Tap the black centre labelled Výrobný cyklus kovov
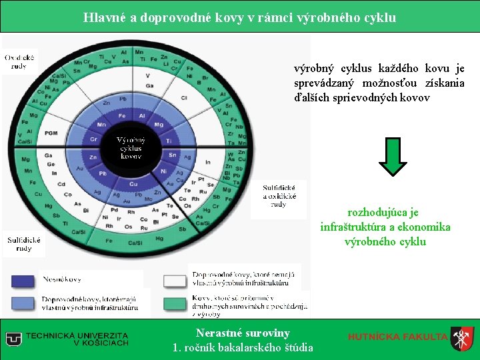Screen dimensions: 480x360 pyautogui.click(x=130, y=147)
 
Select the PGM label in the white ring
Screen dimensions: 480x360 pyautogui.click(x=51, y=133)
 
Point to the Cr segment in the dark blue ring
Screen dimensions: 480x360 pyautogui.click(x=93, y=140)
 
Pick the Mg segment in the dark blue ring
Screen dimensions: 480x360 pyautogui.click(x=159, y=125)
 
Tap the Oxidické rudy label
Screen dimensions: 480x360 pyautogui.click(x=21, y=62)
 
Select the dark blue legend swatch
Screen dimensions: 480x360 pyautogui.click(x=23, y=280)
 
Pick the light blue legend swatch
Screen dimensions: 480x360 pyautogui.click(x=23, y=304)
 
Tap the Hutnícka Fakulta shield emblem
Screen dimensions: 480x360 pyautogui.click(x=462, y=338)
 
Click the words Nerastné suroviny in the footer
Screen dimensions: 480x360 pyautogui.click(x=243, y=333)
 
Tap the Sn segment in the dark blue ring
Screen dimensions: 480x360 pyautogui.click(x=171, y=155)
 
